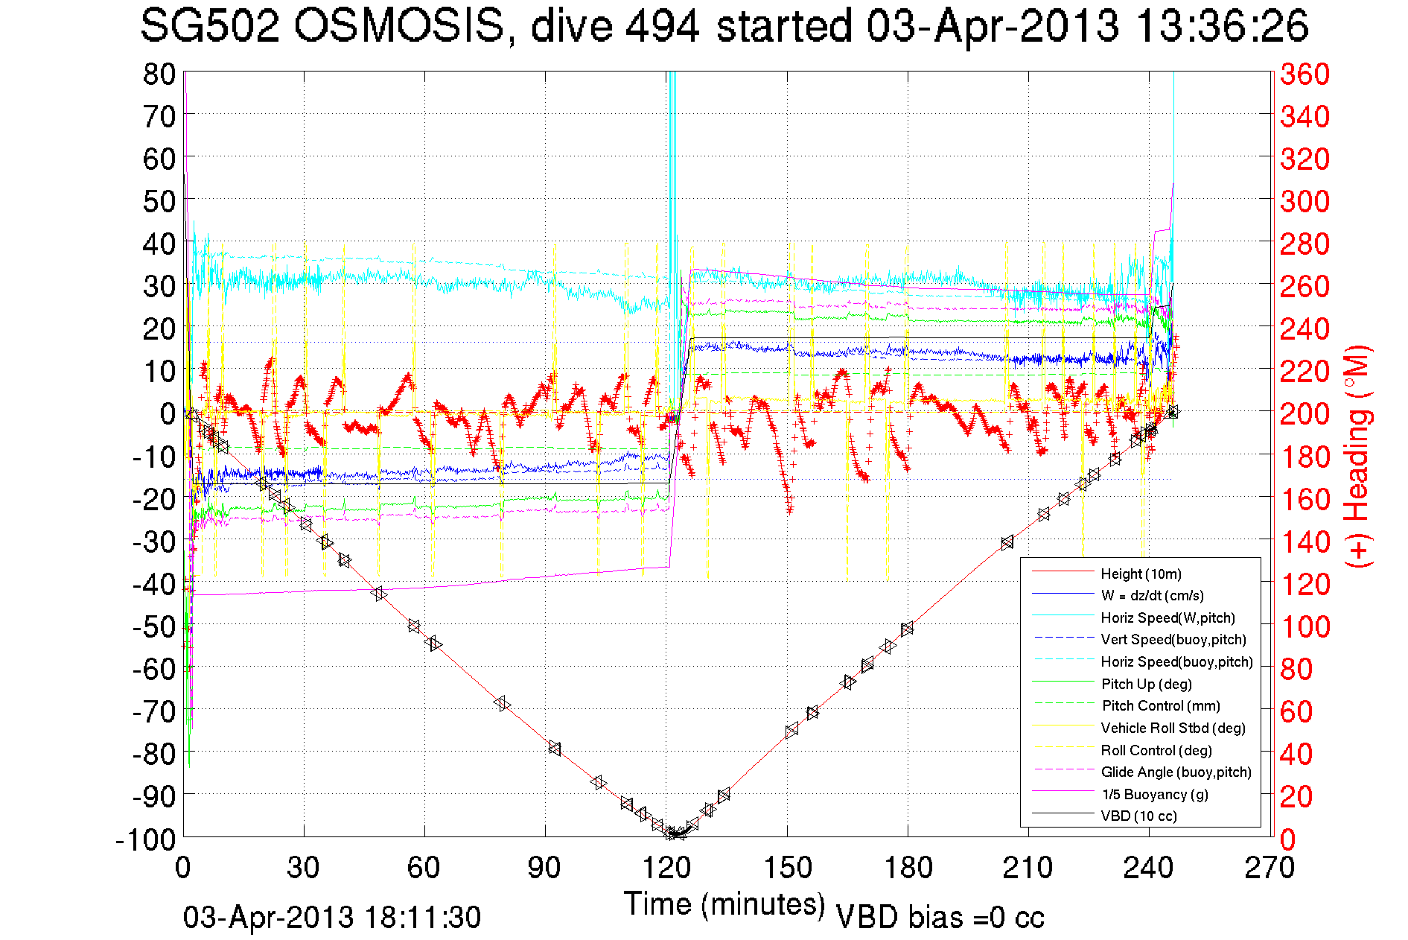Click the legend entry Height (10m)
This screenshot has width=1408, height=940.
tap(1141, 574)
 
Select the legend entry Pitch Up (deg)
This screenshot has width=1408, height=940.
tap(1146, 684)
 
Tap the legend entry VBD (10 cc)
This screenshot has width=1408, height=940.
tap(1138, 816)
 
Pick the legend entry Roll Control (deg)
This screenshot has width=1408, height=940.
tap(1156, 750)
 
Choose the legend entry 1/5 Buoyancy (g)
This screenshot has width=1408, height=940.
tap(1155, 794)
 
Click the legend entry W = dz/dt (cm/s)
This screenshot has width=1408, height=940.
tap(1152, 595)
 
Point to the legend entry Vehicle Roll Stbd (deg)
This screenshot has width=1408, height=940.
tap(1173, 728)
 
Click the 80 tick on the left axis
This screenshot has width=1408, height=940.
tap(159, 74)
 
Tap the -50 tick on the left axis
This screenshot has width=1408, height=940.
tap(153, 626)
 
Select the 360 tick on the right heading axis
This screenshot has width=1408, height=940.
tap(1305, 74)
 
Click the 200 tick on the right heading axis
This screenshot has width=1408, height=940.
tap(1305, 413)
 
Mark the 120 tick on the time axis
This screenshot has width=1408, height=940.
tap(666, 868)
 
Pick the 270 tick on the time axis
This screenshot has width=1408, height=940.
tap(1270, 868)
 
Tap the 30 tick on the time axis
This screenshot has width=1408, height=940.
tap(304, 868)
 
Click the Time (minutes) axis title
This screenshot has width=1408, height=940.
tap(724, 904)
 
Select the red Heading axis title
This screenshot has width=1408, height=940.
tap(1357, 456)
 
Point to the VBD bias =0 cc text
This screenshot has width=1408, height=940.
tap(940, 918)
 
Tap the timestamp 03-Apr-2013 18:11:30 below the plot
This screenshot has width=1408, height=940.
tap(332, 918)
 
